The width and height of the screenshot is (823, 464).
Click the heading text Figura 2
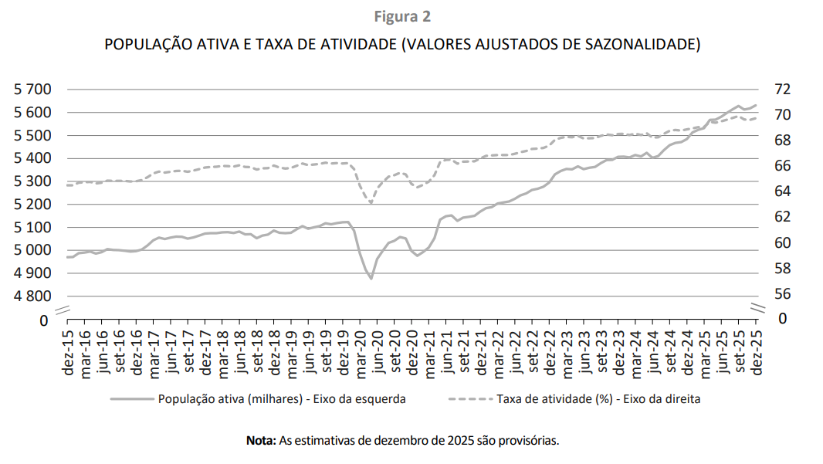[x=402, y=17]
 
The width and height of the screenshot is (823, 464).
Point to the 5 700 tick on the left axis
[x=32, y=90]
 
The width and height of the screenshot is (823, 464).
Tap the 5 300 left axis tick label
[x=32, y=181]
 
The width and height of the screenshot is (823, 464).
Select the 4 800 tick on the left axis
[x=32, y=296]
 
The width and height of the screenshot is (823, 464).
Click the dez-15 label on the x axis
[x=69, y=354]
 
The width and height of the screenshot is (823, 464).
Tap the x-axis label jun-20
[x=378, y=354]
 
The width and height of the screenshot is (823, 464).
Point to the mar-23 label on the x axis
[x=567, y=354]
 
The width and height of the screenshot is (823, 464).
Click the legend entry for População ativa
[x=282, y=399]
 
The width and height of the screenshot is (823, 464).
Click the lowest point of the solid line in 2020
[x=371, y=278]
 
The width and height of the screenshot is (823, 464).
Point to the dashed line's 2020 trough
[x=371, y=203]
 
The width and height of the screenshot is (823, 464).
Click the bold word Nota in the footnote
[x=260, y=441]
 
